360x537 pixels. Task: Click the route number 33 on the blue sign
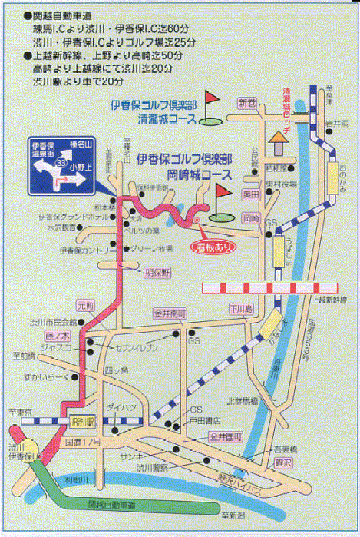[x=61, y=163]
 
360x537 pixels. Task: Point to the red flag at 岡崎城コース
[x=221, y=191]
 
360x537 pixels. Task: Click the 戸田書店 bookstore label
[x=203, y=420]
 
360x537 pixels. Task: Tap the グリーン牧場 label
[x=148, y=248]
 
